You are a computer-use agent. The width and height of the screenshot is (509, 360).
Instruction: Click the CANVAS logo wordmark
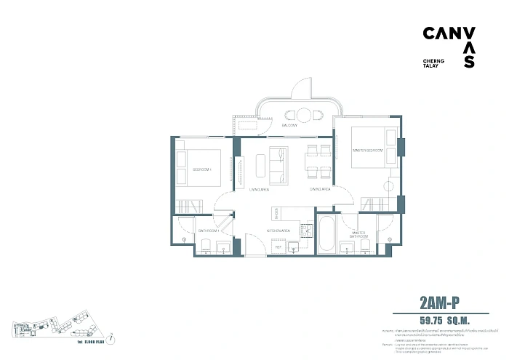pos(449,40)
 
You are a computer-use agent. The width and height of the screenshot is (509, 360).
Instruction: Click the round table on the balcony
pos(302,114)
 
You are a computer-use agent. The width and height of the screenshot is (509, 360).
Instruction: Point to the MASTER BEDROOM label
pos(367,150)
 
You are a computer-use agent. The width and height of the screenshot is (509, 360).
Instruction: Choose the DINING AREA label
pos(320,189)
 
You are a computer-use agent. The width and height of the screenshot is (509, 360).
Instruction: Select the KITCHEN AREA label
pos(279,231)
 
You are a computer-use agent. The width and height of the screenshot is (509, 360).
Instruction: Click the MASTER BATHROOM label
pos(358,235)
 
